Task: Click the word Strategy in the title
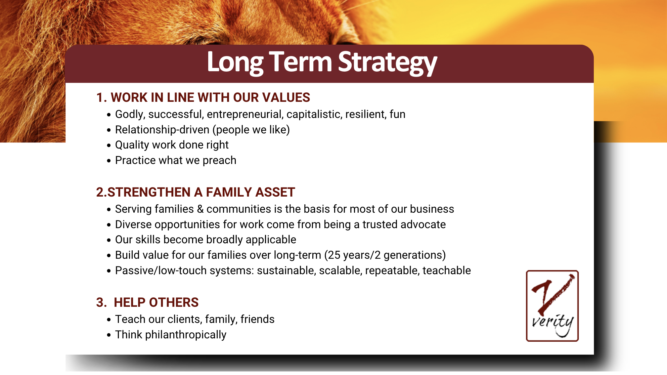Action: click(x=387, y=62)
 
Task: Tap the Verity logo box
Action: click(x=552, y=306)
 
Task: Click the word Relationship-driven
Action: click(x=162, y=130)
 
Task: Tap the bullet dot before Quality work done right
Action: click(x=109, y=145)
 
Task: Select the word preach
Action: click(x=219, y=161)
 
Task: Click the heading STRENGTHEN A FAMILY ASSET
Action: click(x=201, y=192)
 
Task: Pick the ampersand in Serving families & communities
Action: click(x=200, y=209)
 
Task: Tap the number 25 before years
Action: click(x=334, y=255)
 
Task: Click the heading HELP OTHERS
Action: click(x=156, y=302)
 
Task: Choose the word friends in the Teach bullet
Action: click(x=257, y=319)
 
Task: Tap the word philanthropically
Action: click(x=186, y=335)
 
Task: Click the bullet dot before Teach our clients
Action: click(x=109, y=320)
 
